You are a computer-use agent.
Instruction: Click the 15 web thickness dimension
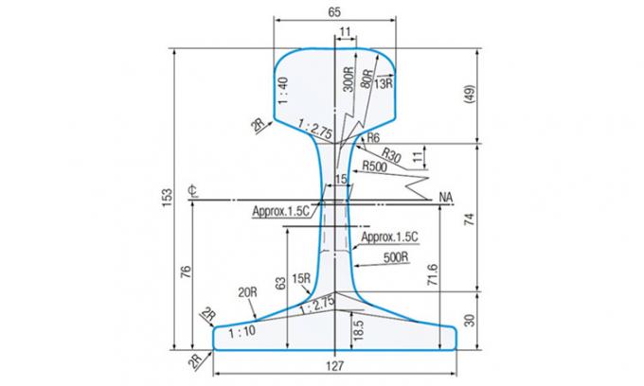[340, 179]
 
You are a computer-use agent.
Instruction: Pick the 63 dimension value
[279, 281]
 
